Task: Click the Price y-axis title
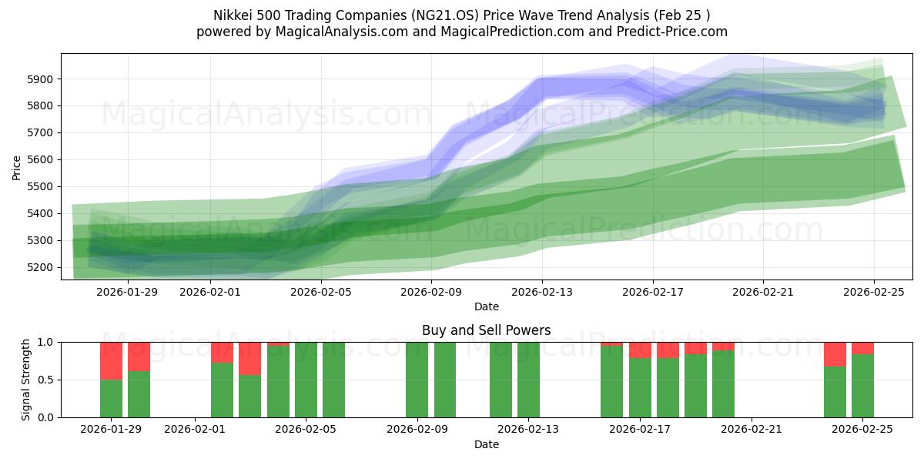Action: [16, 166]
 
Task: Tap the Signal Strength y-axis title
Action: [26, 380]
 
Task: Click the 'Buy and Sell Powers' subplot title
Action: [486, 330]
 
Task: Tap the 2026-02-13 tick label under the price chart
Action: [541, 292]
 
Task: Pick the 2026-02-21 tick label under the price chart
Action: [763, 292]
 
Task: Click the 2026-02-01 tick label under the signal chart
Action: [195, 430]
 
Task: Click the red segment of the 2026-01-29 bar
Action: [112, 360]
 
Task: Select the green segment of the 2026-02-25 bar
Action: [862, 386]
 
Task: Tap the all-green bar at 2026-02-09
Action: [417, 380]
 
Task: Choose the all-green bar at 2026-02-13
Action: [528, 380]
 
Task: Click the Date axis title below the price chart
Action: [486, 306]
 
